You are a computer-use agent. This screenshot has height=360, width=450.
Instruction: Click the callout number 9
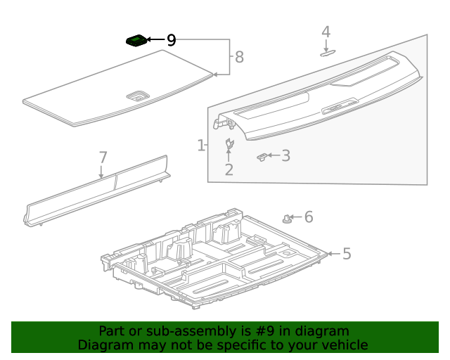pyautogui.click(x=171, y=41)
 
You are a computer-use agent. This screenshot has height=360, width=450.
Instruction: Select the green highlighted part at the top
pyautogui.click(x=137, y=41)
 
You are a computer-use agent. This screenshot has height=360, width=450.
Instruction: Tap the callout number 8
pyautogui.click(x=239, y=57)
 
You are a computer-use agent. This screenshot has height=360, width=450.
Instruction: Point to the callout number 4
pyautogui.click(x=326, y=32)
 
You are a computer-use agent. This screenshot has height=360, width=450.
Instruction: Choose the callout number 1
pyautogui.click(x=201, y=146)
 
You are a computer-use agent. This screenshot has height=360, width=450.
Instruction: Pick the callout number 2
pyautogui.click(x=229, y=169)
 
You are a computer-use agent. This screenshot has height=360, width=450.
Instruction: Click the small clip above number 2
pyautogui.click(x=229, y=145)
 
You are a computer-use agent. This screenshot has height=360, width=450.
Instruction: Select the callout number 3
pyautogui.click(x=285, y=155)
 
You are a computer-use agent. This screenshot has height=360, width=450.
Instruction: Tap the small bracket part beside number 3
pyautogui.click(x=262, y=156)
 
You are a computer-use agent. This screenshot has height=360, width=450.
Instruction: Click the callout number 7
pyautogui.click(x=103, y=157)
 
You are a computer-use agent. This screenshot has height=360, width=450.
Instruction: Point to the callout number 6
pyautogui.click(x=308, y=218)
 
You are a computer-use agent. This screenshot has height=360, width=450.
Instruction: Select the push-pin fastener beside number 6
pyautogui.click(x=288, y=219)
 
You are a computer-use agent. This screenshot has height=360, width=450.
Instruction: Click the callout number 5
pyautogui.click(x=346, y=253)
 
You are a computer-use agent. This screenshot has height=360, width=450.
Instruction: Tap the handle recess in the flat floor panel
pyautogui.click(x=136, y=95)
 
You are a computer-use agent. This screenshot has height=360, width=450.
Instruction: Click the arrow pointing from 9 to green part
pyautogui.click(x=155, y=41)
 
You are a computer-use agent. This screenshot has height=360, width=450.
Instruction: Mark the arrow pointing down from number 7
pyautogui.click(x=101, y=171)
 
